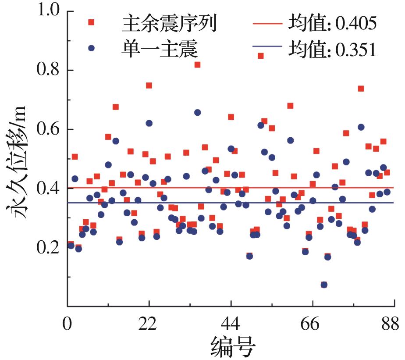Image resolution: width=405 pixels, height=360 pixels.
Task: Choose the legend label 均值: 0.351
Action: click(332, 49)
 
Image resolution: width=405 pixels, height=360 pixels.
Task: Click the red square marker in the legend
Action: click(91, 22)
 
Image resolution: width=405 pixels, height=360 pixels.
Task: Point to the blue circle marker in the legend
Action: click(91, 48)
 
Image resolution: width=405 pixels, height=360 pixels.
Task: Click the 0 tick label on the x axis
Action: click(67, 324)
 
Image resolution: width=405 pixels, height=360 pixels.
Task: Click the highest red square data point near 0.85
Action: click(260, 56)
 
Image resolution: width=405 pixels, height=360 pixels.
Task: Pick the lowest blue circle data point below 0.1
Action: click(324, 285)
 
